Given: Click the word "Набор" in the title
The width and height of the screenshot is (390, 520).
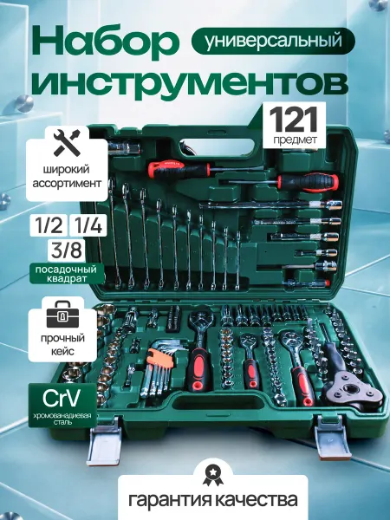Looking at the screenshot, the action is click(104, 42).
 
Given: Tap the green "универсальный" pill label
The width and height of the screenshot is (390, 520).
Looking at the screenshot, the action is click(274, 41).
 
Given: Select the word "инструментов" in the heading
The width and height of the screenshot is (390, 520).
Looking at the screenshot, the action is click(190, 82).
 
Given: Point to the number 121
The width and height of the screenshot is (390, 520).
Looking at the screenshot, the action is click(294, 120).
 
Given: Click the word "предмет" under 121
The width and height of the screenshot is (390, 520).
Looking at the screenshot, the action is click(295, 140).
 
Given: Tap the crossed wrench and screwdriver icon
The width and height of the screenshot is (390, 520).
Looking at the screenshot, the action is click(67, 143).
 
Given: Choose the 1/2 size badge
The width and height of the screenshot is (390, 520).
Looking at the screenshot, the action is click(49, 225).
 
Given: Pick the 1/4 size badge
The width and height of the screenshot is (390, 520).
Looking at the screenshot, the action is click(88, 225).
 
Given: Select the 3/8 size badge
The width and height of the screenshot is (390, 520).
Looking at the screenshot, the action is click(67, 250).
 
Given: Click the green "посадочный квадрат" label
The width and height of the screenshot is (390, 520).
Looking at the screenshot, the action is click(67, 274).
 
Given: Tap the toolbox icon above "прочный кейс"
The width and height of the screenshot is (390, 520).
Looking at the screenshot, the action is click(62, 315).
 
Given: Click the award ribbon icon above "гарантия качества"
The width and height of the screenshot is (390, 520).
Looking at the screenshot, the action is click(212, 475).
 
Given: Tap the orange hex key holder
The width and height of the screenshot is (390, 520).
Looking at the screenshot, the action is click(161, 357).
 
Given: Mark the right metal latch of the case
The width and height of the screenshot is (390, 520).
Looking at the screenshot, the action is click(332, 437).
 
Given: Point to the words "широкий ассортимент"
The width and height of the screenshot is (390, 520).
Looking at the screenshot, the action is click(67, 176).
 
